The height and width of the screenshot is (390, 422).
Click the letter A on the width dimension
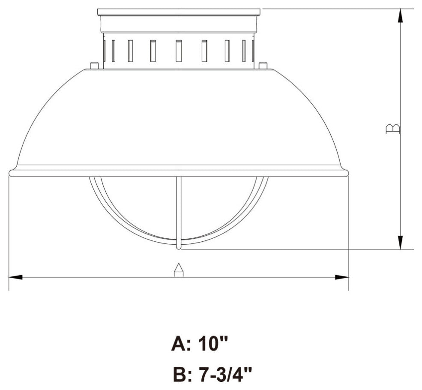point(179,270)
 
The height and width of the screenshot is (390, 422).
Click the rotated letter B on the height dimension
point(393,129)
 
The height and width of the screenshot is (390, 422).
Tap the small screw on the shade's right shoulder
point(263,65)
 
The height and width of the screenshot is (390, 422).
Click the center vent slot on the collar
point(179,51)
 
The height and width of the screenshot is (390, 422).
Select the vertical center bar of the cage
point(179,210)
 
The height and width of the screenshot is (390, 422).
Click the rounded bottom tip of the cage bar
point(179,246)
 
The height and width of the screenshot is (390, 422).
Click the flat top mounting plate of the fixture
point(179,12)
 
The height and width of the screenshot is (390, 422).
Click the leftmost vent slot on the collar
point(105,51)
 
